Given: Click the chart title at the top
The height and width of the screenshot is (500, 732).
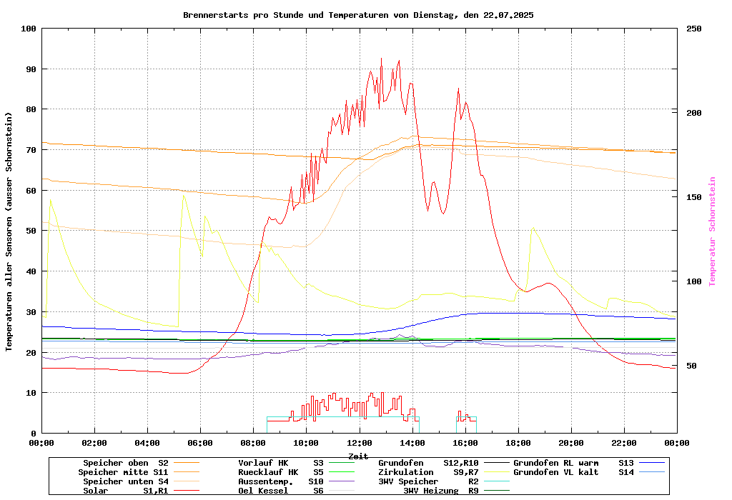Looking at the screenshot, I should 358,14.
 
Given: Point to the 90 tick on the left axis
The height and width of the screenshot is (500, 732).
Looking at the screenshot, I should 29,69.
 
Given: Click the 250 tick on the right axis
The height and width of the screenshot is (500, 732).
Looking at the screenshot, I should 694,29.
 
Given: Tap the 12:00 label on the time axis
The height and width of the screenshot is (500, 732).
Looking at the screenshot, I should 359,443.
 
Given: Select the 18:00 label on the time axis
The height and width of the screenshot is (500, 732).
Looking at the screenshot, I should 518,443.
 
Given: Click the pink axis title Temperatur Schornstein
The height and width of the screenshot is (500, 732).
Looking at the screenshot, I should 712,231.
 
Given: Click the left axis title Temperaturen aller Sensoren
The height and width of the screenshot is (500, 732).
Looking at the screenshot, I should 9,231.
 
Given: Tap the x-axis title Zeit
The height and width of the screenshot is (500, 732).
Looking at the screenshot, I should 358,456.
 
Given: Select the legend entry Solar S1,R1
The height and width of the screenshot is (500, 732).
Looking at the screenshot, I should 126,491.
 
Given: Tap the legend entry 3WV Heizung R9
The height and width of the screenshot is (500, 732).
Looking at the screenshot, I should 441,491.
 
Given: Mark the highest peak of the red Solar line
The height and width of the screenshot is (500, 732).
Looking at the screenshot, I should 381,59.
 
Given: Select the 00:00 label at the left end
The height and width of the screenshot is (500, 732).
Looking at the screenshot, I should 42,443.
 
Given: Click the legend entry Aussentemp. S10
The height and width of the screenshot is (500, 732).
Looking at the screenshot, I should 281,481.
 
